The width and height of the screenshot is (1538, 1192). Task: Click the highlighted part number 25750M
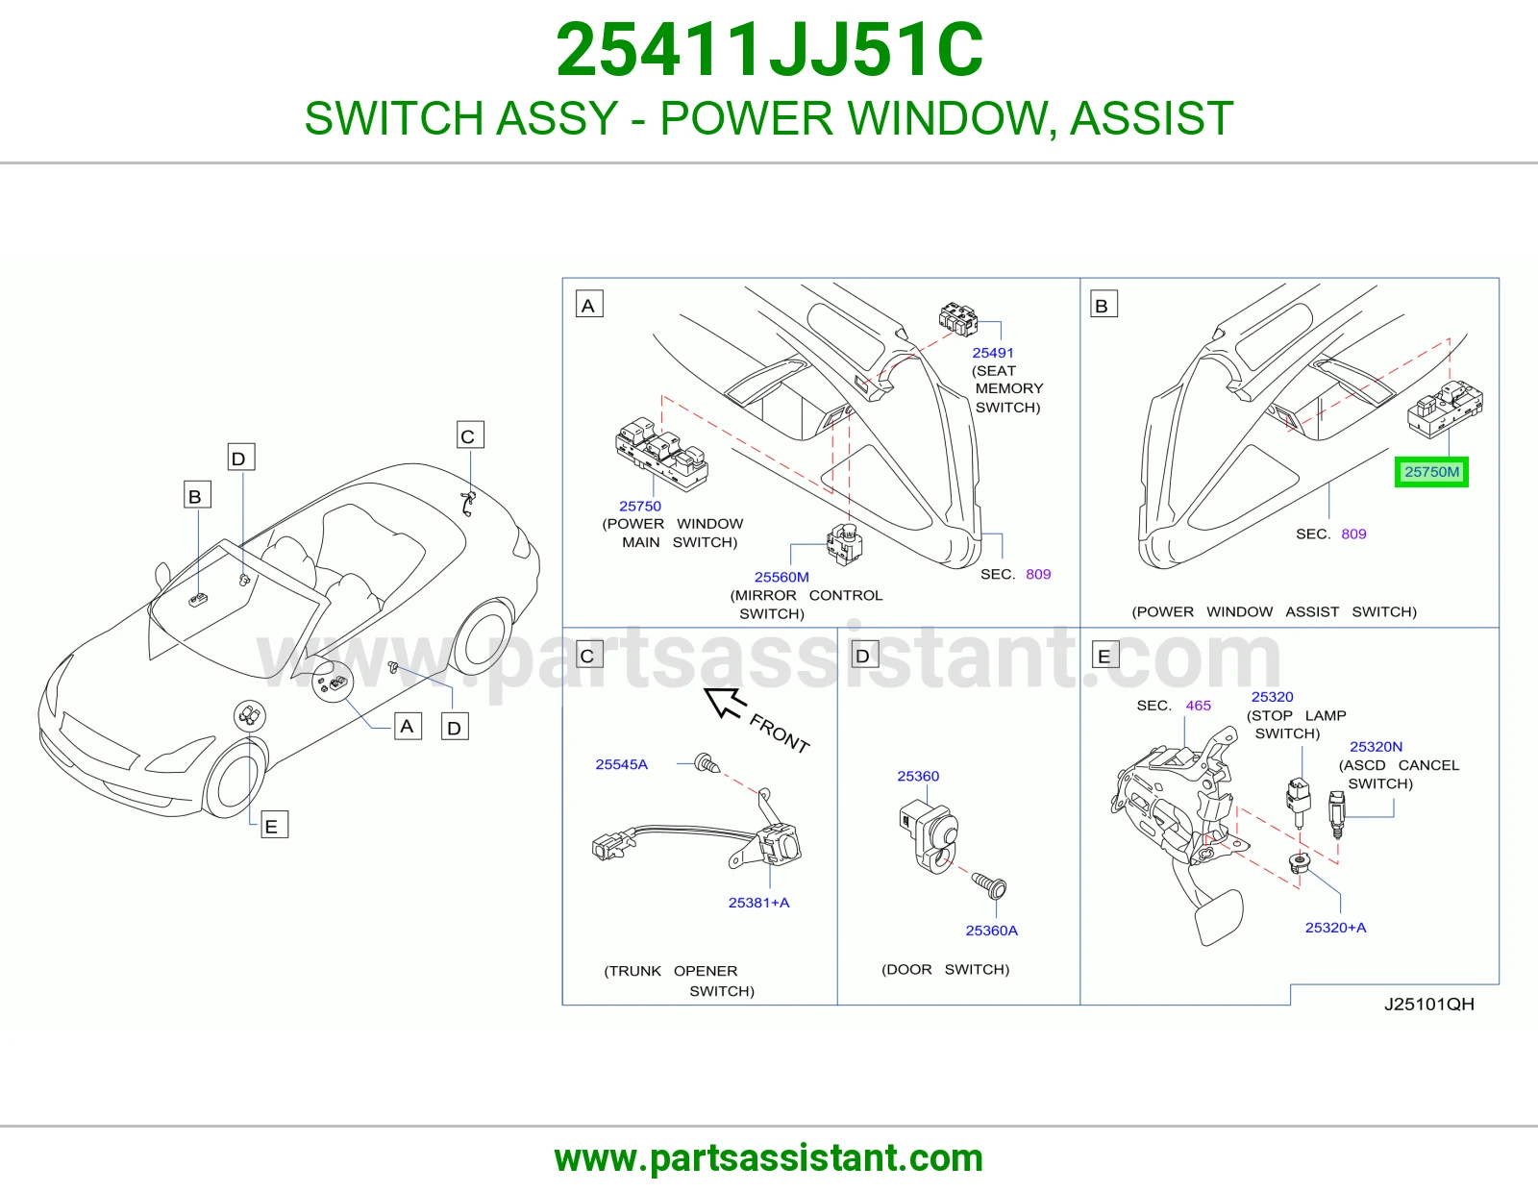1431,472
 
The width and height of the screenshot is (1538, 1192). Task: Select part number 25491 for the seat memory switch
992,353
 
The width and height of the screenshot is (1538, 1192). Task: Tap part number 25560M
781,577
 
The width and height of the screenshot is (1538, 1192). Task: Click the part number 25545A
621,764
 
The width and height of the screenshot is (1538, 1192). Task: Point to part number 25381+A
758,903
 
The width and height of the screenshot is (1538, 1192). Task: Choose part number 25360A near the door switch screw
992,931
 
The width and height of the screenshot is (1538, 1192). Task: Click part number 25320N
1376,747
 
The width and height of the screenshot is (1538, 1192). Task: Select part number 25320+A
1335,928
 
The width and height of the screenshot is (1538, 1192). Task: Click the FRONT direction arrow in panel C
725,703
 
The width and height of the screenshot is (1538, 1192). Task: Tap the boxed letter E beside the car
274,826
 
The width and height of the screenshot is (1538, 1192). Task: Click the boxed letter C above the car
470,435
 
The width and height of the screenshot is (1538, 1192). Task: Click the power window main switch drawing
661,454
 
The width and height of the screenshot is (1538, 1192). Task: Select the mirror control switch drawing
845,544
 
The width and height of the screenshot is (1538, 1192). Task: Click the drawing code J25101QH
1429,1004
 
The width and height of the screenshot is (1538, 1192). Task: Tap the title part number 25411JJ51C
769,50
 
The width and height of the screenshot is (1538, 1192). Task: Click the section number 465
1199,705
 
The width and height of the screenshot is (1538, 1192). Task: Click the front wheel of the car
235,779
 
